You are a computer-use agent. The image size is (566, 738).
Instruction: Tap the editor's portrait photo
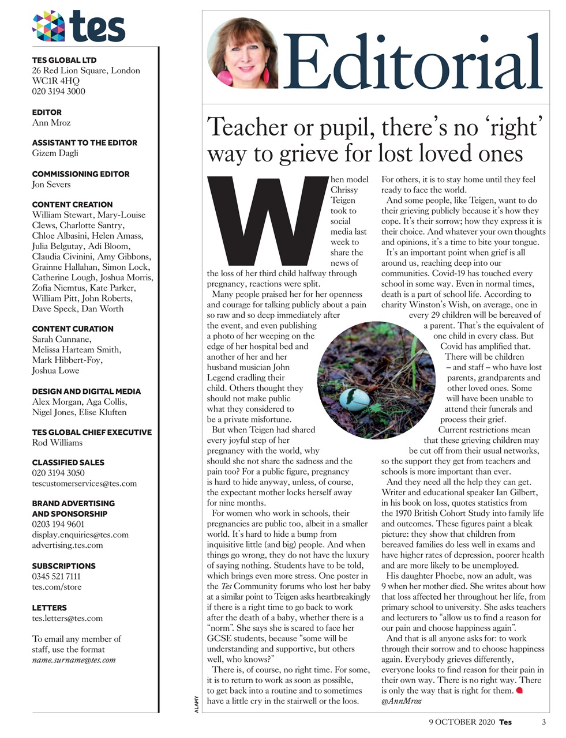point(242,53)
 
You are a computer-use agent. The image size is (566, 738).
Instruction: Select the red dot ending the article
point(518,690)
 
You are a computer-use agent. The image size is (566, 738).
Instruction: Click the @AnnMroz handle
point(402,701)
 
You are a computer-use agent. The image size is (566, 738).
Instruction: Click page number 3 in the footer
point(543,722)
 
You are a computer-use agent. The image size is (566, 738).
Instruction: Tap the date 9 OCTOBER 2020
point(461,722)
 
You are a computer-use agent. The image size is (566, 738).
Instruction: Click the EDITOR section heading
point(47,112)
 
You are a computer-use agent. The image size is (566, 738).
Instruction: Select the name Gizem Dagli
point(55,153)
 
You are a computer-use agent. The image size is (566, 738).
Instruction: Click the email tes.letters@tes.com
point(68,618)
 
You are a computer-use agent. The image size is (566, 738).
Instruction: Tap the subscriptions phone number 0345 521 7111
point(56,576)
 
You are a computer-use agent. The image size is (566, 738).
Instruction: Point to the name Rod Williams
point(57,443)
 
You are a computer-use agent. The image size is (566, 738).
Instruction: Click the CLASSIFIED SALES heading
point(69,462)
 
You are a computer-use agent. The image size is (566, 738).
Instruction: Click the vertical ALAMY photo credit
point(197,706)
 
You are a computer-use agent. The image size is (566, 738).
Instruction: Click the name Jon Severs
point(51,184)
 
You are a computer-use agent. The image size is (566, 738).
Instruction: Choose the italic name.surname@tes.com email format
point(74,660)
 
